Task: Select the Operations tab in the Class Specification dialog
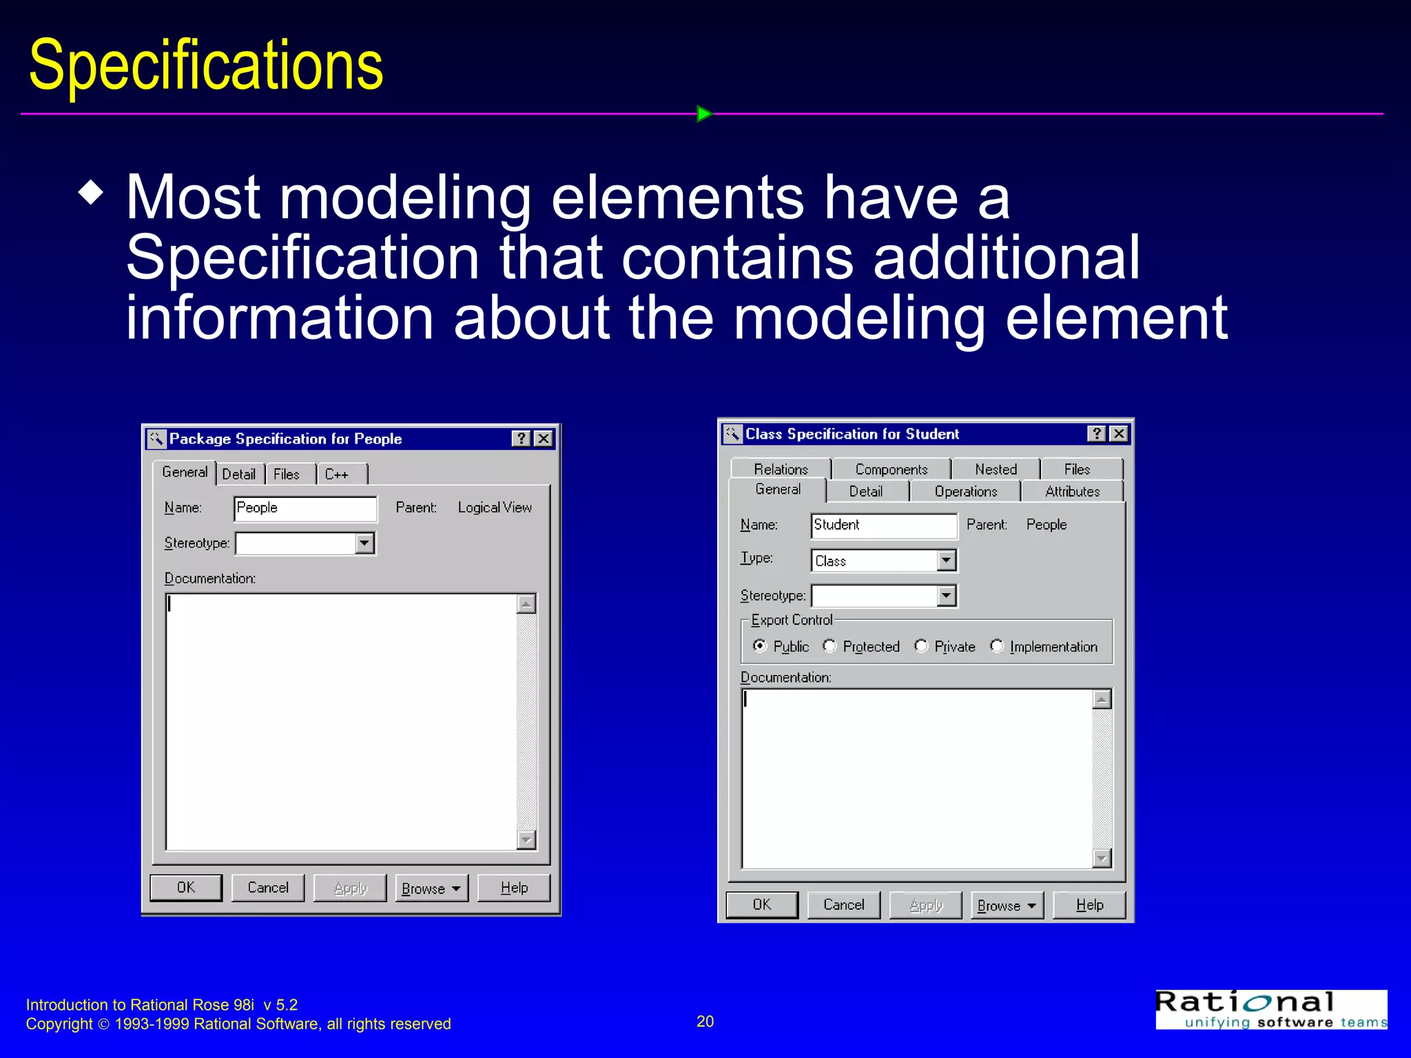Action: pyautogui.click(x=965, y=491)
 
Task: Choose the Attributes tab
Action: pyautogui.click(x=1072, y=491)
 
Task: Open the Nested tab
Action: pyautogui.click(x=996, y=469)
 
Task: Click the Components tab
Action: pyautogui.click(x=891, y=469)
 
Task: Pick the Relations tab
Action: pyautogui.click(x=781, y=469)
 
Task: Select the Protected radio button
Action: pyautogui.click(x=830, y=646)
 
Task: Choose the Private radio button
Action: pyautogui.click(x=921, y=646)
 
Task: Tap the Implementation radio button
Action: pyautogui.click(x=997, y=646)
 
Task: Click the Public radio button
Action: pyautogui.click(x=760, y=646)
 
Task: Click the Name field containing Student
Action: pyautogui.click(x=883, y=525)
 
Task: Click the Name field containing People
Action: pyautogui.click(x=305, y=508)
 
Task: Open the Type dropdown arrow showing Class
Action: pyautogui.click(x=947, y=561)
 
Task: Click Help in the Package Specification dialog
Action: pyautogui.click(x=514, y=888)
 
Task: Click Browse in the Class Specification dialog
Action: pyautogui.click(x=1007, y=905)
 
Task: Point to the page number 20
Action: pyautogui.click(x=705, y=1021)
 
